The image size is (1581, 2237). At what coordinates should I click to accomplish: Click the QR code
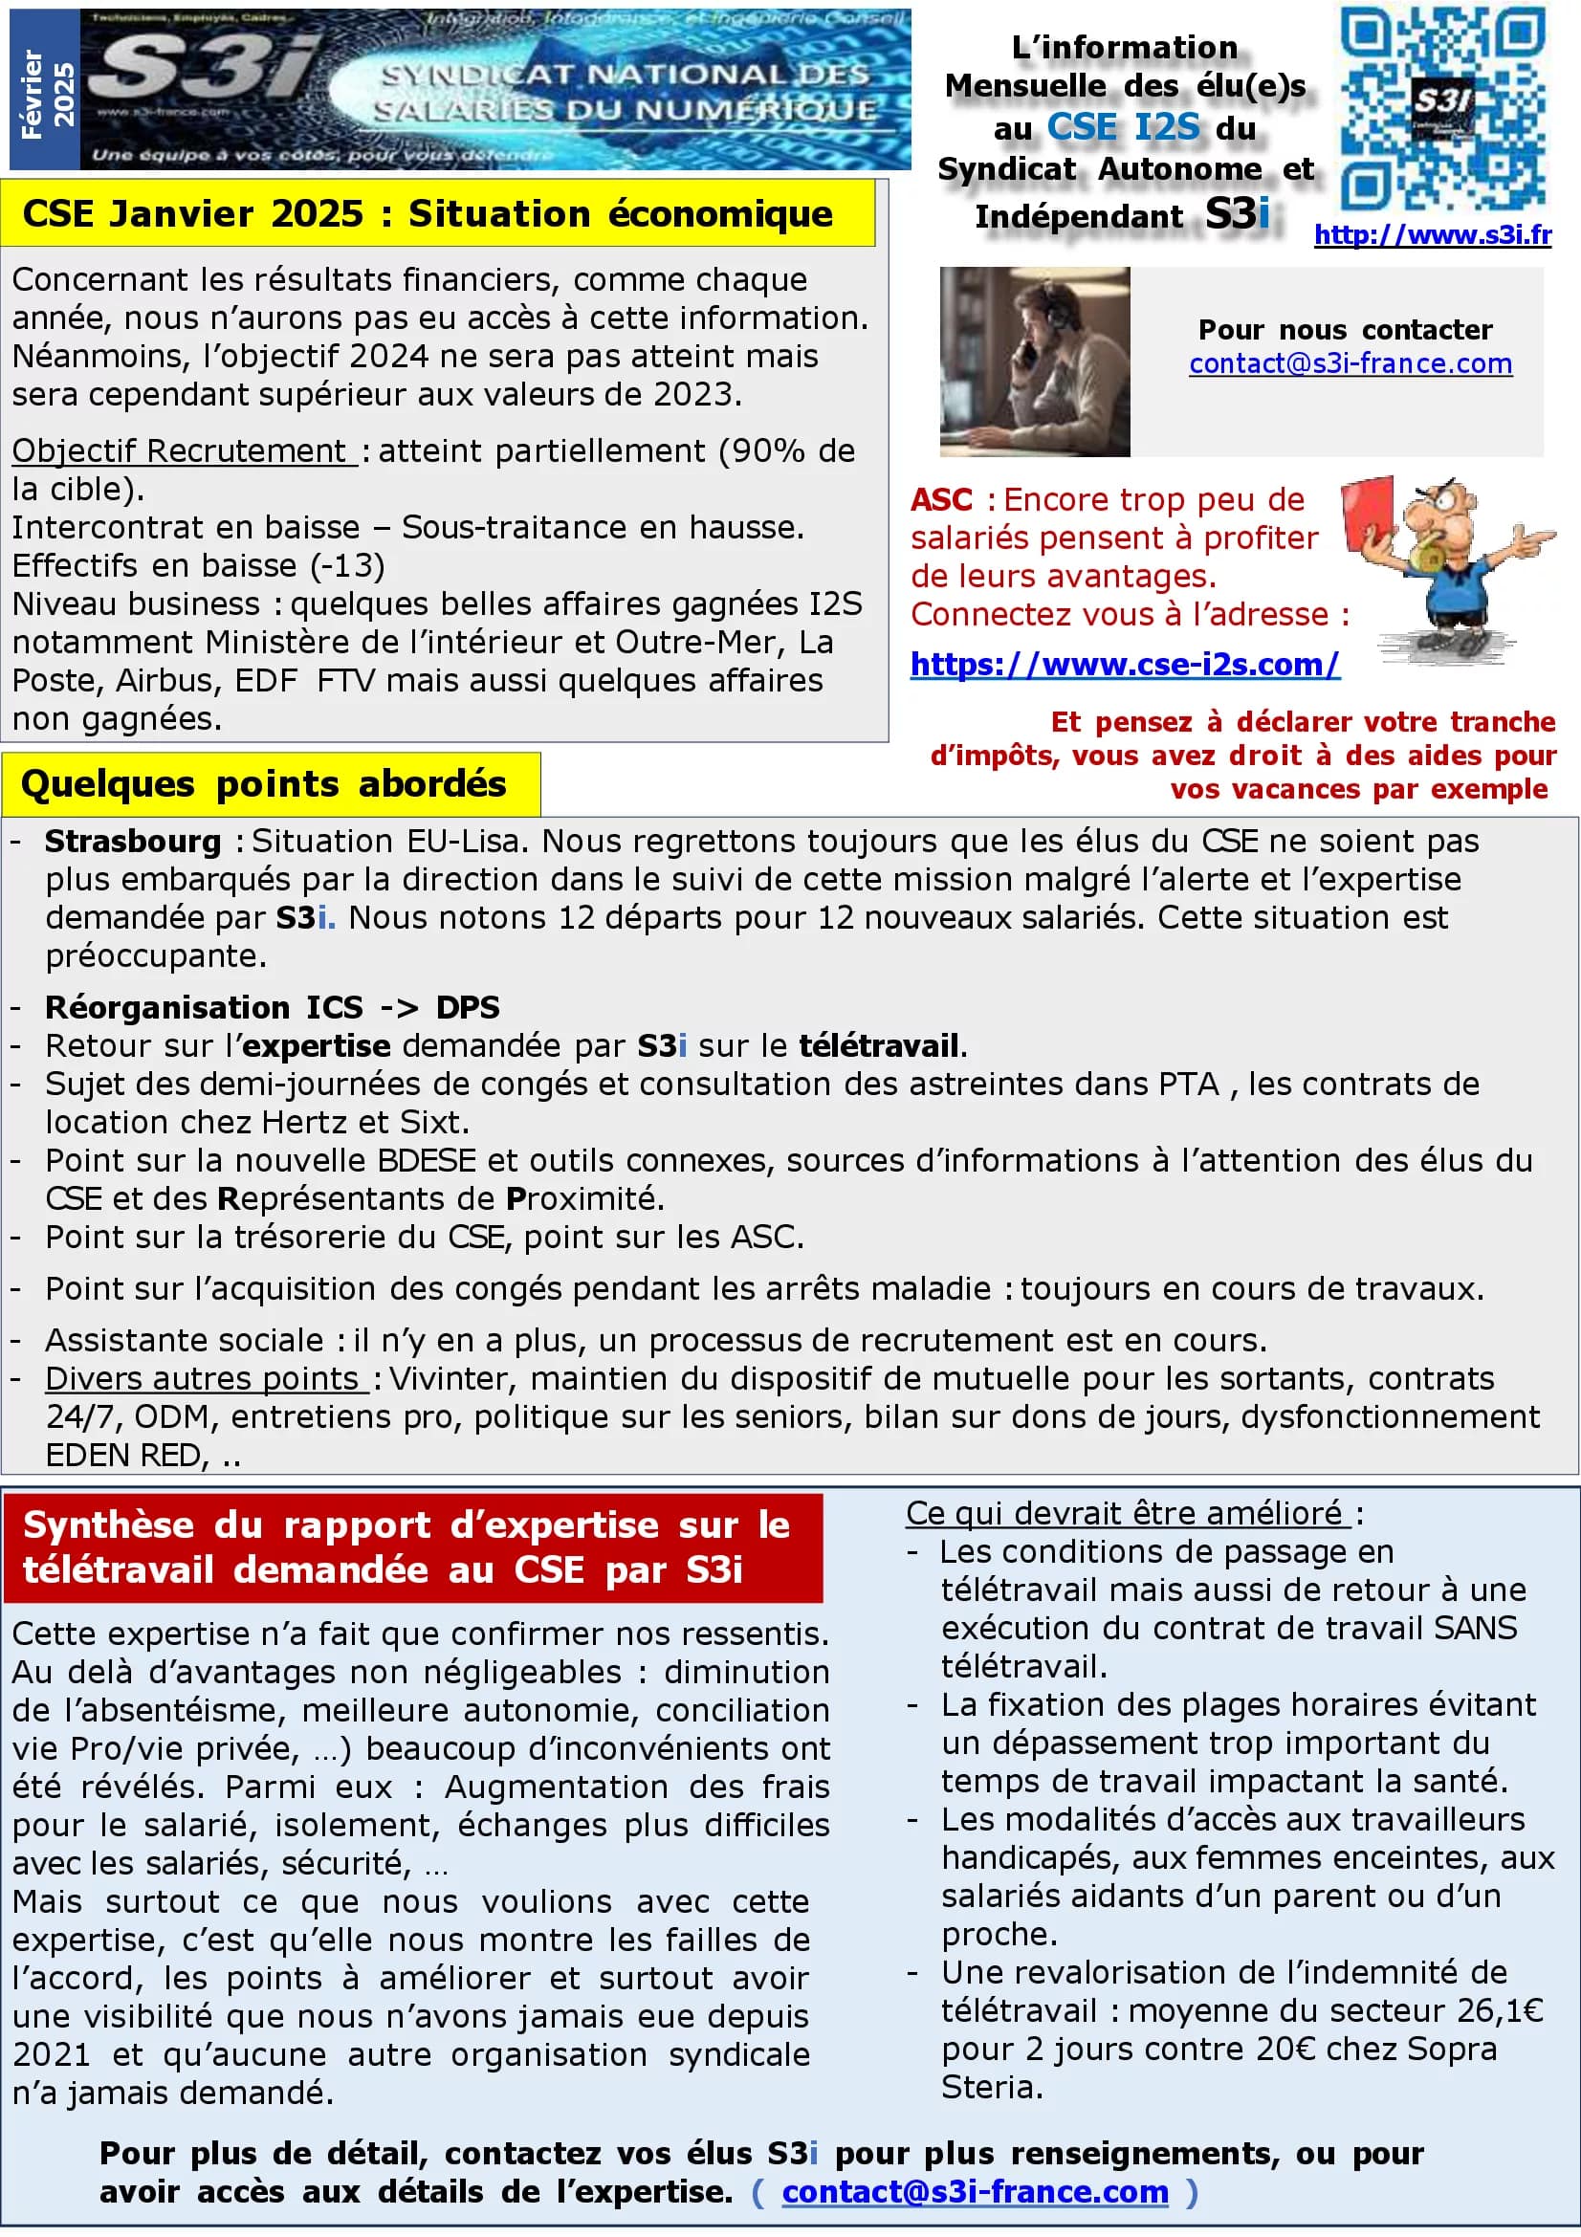(x=1442, y=109)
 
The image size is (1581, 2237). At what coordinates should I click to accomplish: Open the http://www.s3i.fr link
(x=1432, y=235)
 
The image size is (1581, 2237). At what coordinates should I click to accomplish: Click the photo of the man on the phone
(x=1035, y=362)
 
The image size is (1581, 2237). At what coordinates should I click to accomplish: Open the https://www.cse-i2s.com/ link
(x=1125, y=664)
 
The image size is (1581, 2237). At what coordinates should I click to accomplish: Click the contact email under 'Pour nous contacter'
(x=1350, y=363)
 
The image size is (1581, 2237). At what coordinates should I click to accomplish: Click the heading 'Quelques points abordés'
(x=263, y=784)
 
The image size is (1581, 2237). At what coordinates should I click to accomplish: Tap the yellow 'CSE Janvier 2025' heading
(x=427, y=214)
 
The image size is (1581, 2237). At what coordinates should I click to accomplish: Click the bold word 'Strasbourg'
(x=134, y=841)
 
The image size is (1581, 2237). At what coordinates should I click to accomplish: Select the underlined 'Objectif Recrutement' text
(x=182, y=451)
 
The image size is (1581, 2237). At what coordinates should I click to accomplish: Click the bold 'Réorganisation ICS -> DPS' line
(x=272, y=1006)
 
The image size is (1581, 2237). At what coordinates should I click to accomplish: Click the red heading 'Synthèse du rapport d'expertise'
(x=406, y=1546)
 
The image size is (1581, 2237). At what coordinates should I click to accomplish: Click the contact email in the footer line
(x=974, y=2191)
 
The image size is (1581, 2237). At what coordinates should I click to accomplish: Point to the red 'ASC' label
(x=941, y=500)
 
